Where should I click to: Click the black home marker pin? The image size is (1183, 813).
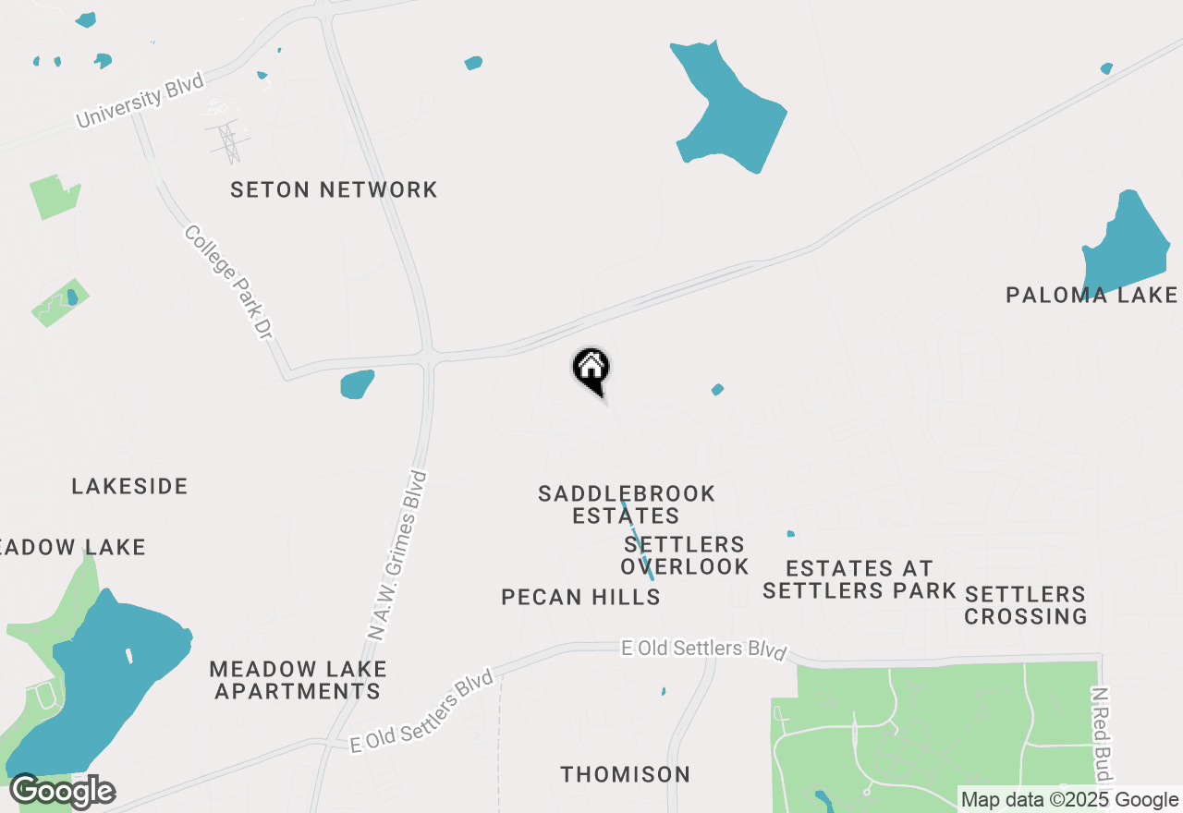coord(591,370)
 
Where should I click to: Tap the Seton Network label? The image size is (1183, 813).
coord(334,190)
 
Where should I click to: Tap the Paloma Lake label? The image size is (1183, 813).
coord(1092,296)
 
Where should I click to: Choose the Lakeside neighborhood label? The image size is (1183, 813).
coord(129,487)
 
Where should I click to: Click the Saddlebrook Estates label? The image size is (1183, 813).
coord(627,504)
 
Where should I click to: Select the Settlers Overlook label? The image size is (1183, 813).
coord(685,555)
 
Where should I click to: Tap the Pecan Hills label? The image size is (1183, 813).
coord(580,598)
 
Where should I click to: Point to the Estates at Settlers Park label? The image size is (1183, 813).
coord(859,579)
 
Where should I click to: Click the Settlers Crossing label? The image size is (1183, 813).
coord(1025,604)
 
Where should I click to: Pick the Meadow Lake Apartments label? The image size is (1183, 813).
coord(298,680)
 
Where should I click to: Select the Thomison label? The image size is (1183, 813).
coord(625,774)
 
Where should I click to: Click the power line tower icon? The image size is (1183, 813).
coord(225,141)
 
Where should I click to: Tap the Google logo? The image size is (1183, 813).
coord(62,792)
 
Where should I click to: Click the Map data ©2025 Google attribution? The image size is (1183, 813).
coord(1069,800)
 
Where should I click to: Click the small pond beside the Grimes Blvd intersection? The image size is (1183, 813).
coord(357,384)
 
